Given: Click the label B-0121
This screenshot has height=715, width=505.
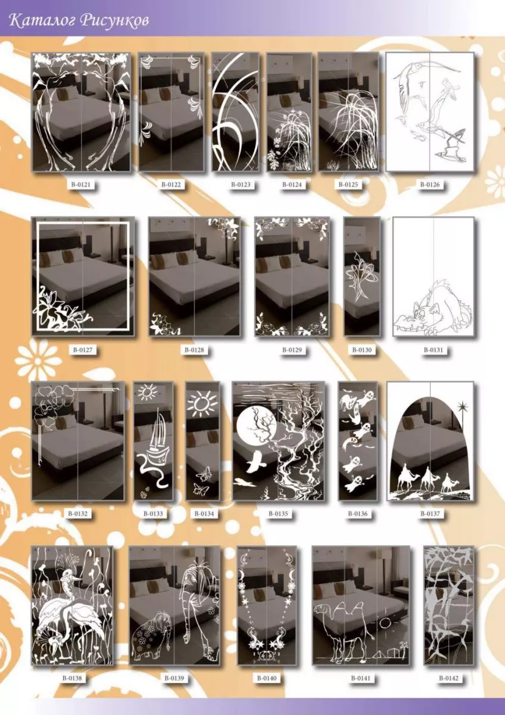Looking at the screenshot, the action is pyautogui.click(x=81, y=184).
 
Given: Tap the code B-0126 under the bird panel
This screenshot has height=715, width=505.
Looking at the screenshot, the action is pyautogui.click(x=430, y=184).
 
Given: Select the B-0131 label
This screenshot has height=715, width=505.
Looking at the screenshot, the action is pyautogui.click(x=433, y=350).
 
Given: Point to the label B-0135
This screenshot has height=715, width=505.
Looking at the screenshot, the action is pyautogui.click(x=278, y=514).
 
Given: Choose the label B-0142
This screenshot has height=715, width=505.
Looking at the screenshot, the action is pyautogui.click(x=449, y=677).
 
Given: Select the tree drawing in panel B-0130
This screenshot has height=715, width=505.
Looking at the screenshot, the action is pyautogui.click(x=361, y=275).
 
